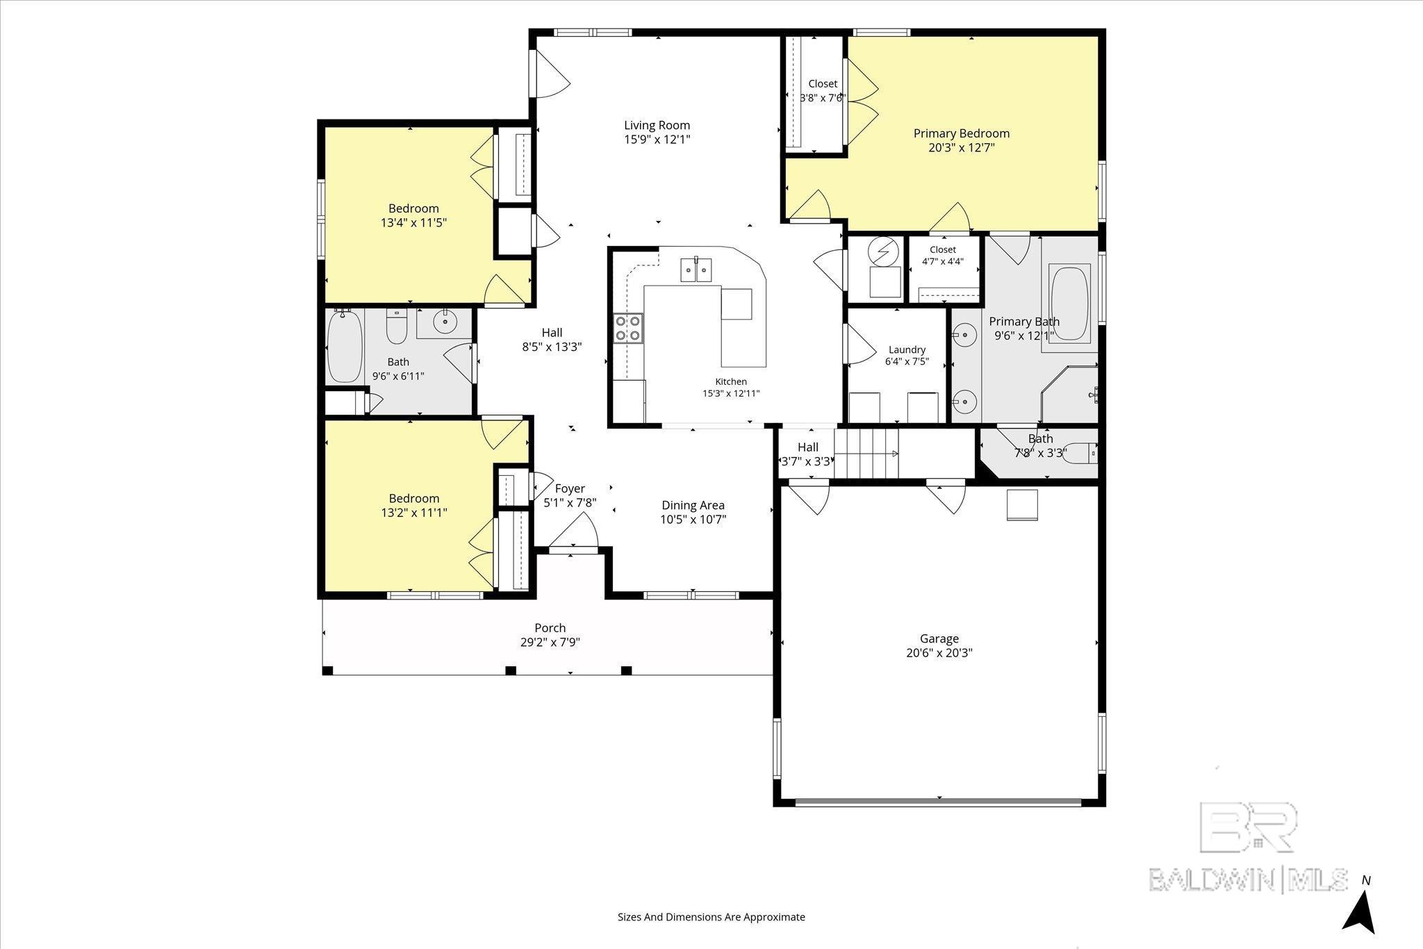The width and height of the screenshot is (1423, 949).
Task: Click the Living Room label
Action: pyautogui.click(x=657, y=125)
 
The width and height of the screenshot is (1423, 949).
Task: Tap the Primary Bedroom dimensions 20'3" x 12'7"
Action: pyautogui.click(x=961, y=147)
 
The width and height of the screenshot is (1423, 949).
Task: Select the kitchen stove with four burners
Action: pyautogui.click(x=627, y=328)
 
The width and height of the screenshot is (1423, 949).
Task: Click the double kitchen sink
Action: pyautogui.click(x=696, y=269)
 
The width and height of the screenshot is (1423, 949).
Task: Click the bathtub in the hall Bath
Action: pyautogui.click(x=345, y=346)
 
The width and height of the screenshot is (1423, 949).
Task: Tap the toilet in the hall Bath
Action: pyautogui.click(x=396, y=327)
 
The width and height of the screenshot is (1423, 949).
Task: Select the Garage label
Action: pyautogui.click(x=939, y=638)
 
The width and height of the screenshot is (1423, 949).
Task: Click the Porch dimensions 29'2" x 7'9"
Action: pyautogui.click(x=550, y=642)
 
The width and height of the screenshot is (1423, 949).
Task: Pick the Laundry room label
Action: pyautogui.click(x=907, y=349)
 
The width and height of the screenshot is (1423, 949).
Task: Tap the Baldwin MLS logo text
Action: pyautogui.click(x=1249, y=879)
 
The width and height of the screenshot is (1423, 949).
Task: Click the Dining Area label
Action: pyautogui.click(x=693, y=505)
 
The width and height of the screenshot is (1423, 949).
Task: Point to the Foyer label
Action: pyautogui.click(x=570, y=488)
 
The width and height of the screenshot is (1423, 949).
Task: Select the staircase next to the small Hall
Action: pyautogui.click(x=866, y=453)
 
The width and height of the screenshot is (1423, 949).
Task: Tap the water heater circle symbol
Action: pyautogui.click(x=883, y=251)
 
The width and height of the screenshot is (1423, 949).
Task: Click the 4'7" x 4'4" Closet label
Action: pyautogui.click(x=942, y=249)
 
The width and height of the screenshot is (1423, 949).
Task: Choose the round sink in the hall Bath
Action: pyautogui.click(x=444, y=321)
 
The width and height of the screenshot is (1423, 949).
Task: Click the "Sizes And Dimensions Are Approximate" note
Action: pyautogui.click(x=711, y=917)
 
